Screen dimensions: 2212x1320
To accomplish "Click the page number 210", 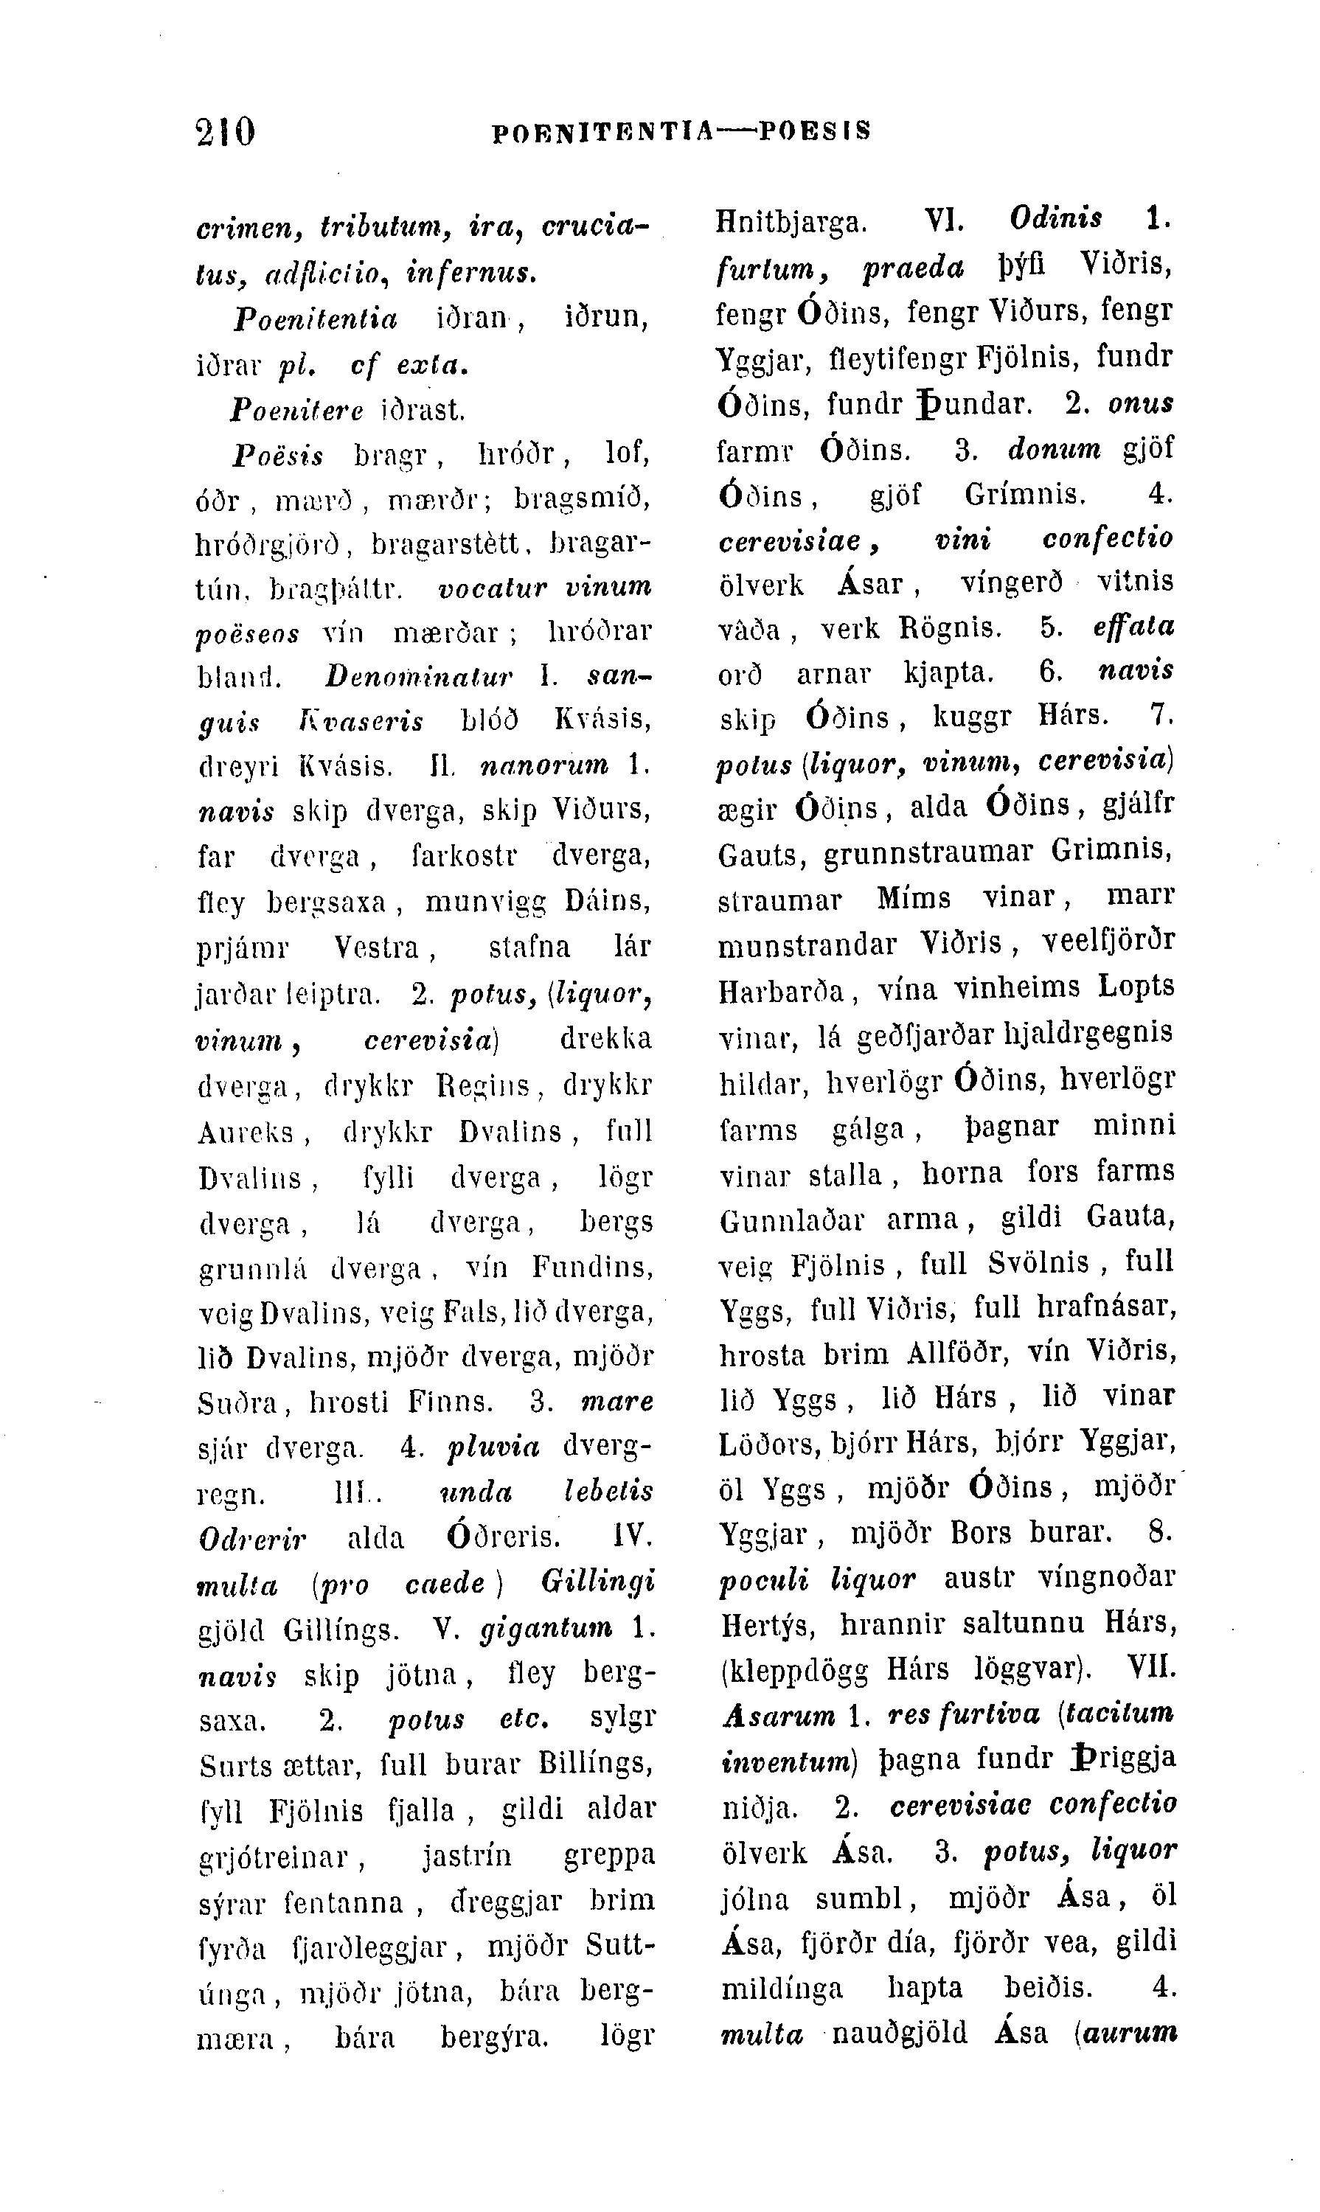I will click(225, 132).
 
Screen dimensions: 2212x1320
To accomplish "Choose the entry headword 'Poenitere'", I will click(297, 409).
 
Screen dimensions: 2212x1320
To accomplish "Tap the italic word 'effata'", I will click(1133, 626).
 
